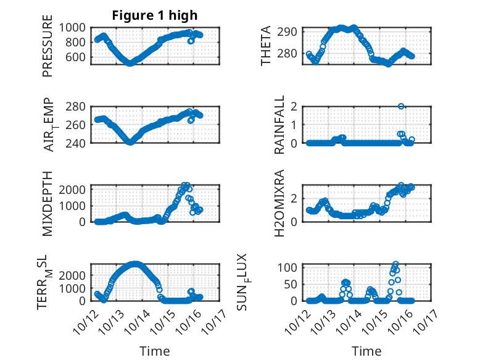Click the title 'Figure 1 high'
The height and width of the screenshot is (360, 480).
(154, 15)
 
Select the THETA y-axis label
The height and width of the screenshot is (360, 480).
(266, 46)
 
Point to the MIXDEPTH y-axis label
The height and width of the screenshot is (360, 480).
(48, 203)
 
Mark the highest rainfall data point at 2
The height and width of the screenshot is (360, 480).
(401, 106)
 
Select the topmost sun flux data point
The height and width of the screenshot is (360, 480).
(395, 264)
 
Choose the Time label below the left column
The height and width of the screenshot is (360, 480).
(154, 351)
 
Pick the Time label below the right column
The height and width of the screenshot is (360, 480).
(366, 351)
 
